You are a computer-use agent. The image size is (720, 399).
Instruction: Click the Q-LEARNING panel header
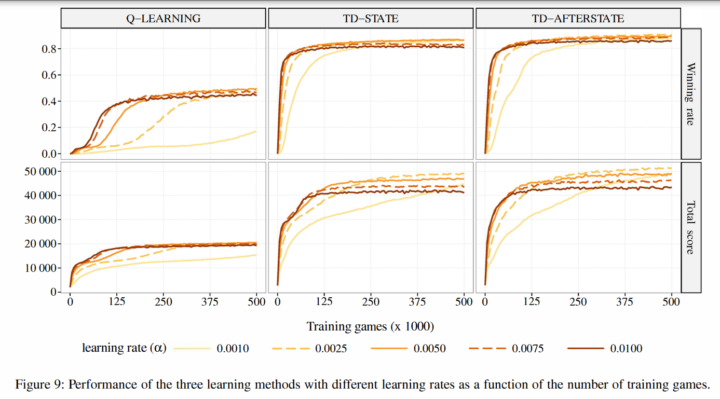point(163,19)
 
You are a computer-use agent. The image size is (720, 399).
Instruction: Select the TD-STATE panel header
point(370,19)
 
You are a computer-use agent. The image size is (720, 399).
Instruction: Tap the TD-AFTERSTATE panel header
point(578,19)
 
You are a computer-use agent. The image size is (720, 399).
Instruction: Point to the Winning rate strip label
point(690,94)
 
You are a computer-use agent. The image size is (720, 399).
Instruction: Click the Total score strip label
point(690,228)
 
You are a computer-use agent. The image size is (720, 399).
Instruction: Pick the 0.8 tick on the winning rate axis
point(49,49)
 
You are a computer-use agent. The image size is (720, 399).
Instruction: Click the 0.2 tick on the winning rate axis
point(49,128)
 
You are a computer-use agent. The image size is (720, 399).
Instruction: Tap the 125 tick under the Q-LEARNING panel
point(116,302)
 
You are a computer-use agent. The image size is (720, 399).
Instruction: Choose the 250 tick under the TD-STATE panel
point(371,302)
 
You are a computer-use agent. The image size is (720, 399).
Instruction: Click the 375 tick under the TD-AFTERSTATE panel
point(624,302)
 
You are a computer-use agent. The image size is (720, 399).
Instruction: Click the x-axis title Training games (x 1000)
point(370,326)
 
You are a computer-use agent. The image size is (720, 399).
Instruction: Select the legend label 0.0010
point(233,349)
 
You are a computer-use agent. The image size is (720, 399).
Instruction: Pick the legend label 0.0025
point(331,349)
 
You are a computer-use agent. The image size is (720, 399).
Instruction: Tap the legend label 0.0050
point(429,349)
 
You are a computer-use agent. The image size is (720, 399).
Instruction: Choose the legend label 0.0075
point(527,349)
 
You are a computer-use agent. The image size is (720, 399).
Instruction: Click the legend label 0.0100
point(626,349)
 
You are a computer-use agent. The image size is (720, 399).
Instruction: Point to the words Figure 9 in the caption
point(38,385)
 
